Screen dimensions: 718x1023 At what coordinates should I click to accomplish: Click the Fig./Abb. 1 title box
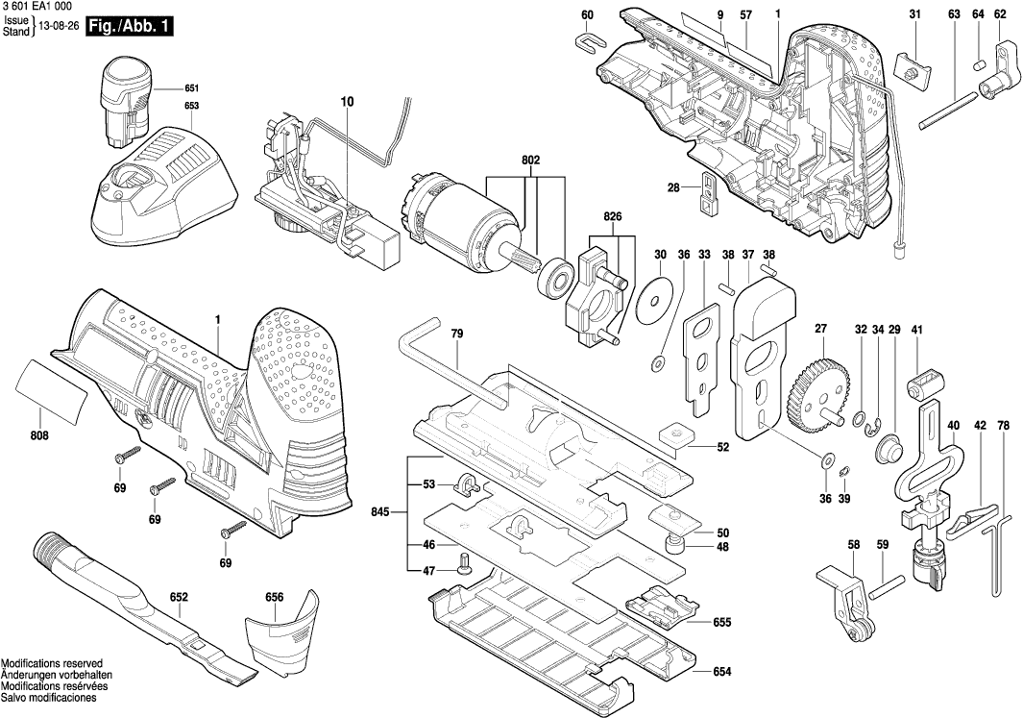click(130, 27)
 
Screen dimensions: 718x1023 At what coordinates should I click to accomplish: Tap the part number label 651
click(192, 87)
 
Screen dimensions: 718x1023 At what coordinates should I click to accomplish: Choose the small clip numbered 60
click(587, 40)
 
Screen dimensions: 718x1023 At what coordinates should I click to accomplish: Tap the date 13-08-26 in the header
click(59, 27)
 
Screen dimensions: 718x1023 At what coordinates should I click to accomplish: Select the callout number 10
click(347, 101)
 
